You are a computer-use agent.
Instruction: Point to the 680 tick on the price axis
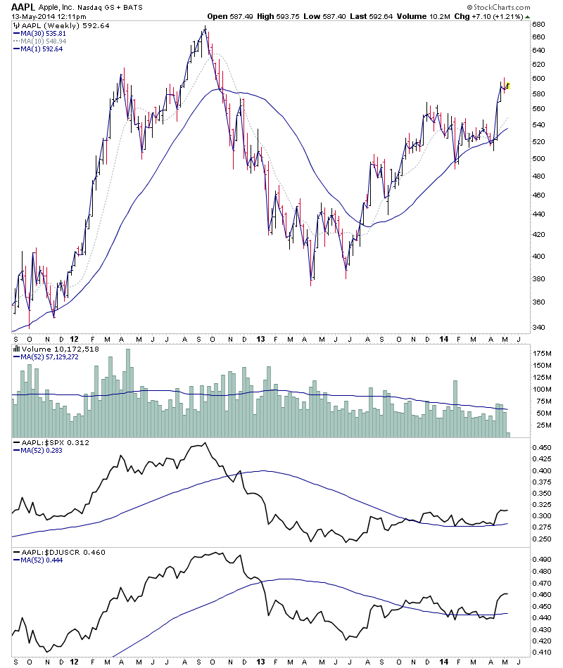pyautogui.click(x=538, y=24)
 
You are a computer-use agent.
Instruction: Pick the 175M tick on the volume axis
pyautogui.click(x=543, y=352)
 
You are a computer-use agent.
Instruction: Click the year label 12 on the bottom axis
pyautogui.click(x=75, y=662)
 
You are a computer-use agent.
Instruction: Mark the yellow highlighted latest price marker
pyautogui.click(x=508, y=86)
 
